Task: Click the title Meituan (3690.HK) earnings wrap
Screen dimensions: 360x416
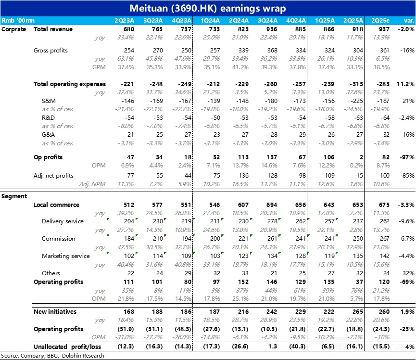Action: point(208,8)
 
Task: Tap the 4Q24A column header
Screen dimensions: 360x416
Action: point(296,21)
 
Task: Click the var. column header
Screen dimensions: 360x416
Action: point(409,21)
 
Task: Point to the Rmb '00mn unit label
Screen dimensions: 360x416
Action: point(15,21)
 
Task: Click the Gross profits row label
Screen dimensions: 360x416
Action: point(50,50)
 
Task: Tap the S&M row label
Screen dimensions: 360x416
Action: point(49,101)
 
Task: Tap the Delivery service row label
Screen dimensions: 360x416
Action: point(63,221)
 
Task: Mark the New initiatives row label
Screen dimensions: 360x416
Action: point(55,312)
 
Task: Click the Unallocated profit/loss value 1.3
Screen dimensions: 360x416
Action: point(270,347)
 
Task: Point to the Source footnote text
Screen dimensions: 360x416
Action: point(52,356)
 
